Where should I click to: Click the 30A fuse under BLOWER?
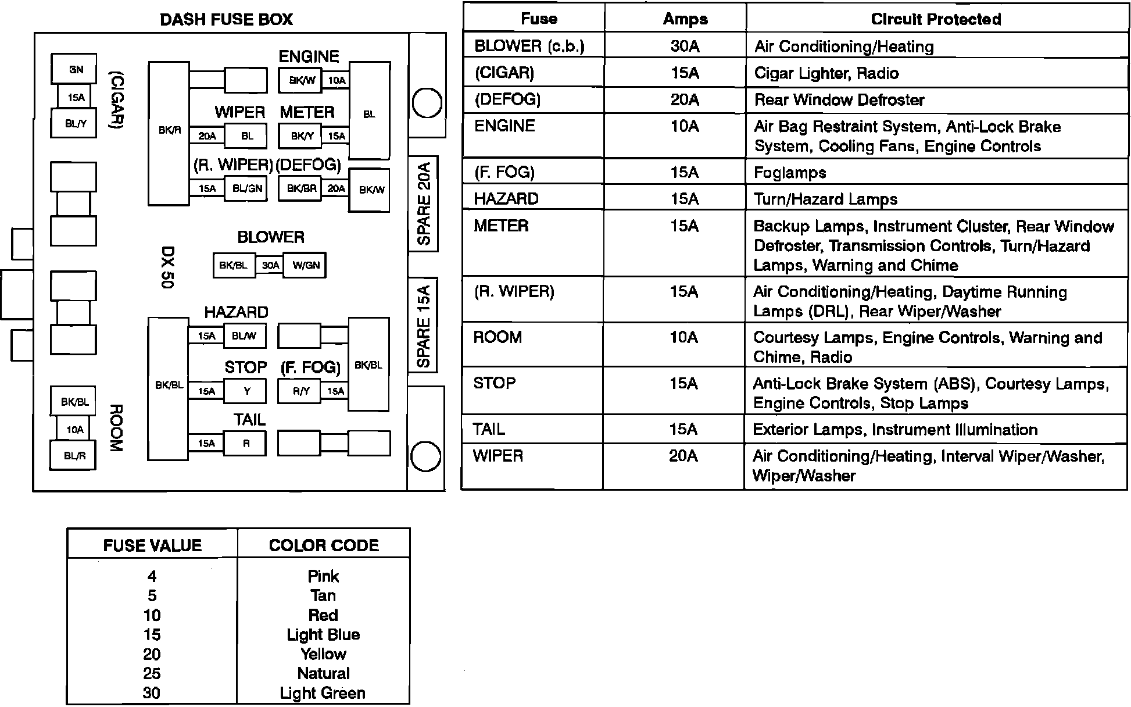coord(270,266)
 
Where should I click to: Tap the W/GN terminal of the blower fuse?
coord(306,266)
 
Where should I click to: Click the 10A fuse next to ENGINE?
coord(337,81)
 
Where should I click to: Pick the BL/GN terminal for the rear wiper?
coord(247,189)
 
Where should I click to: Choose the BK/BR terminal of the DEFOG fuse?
coord(301,189)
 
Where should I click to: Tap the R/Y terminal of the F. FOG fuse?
coord(301,391)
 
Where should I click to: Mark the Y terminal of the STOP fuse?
coord(247,391)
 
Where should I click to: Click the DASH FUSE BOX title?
coord(226,20)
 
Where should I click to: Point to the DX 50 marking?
coord(168,267)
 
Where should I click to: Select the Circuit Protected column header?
coord(936,19)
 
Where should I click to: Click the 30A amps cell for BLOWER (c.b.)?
coord(685,46)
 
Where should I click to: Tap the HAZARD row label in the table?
coord(506,199)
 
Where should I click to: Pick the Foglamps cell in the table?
coord(790,173)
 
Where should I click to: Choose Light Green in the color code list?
coord(323,693)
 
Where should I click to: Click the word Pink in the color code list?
coord(323,576)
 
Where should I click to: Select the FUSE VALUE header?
coord(152,545)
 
